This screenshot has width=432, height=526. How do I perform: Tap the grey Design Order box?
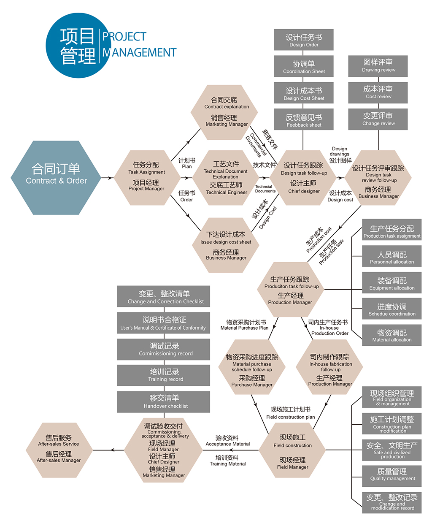pos(304,40)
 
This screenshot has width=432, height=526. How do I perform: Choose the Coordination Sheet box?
pos(304,67)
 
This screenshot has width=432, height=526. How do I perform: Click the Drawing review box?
pos(378,65)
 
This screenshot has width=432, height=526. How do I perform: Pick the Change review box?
pos(378,119)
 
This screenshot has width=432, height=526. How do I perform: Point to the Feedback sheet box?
pos(304,120)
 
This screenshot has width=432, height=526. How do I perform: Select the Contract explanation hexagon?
pos(226,112)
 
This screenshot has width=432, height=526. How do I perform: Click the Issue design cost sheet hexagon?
pos(226,245)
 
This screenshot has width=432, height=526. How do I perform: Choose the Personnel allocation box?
pos(391,257)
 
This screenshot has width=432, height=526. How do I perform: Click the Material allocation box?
pos(391,335)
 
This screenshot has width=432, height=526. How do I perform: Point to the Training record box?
pos(164,375)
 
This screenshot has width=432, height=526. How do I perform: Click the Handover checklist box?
pos(164,401)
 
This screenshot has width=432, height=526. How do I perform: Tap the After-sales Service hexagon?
pos(59,450)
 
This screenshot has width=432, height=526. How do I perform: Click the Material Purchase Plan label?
pos(245,325)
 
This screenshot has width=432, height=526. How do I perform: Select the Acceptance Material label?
pos(227,441)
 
